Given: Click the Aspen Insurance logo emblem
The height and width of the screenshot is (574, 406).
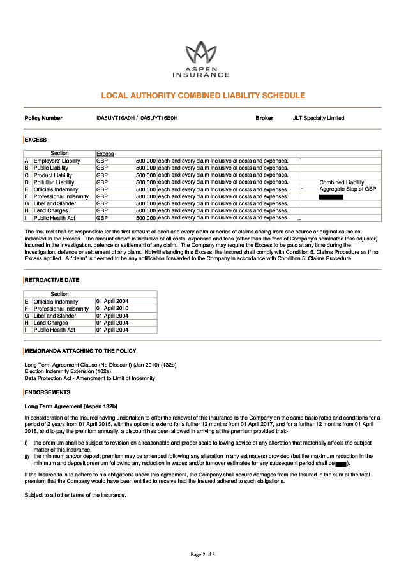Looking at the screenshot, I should pos(202,51).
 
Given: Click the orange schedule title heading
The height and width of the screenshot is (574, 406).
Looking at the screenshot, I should pos(203,96).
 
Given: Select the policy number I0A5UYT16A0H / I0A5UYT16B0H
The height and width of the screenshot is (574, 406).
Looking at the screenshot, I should pos(137,118).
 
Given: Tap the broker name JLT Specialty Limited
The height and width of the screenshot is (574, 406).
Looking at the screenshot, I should pos(318,118).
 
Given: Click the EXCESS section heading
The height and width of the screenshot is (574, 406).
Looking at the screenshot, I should pos(36,140).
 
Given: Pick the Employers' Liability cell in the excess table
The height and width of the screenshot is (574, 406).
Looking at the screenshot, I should pos(57,161).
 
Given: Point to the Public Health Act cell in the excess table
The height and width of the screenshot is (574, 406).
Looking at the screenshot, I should pos(54,218).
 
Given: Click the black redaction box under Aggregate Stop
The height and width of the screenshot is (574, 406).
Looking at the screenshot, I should pos(331,197).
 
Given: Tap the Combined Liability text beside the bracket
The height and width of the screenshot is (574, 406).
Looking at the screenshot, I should pos(342,182).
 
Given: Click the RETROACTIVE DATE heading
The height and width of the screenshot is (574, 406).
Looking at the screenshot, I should pos(52,280).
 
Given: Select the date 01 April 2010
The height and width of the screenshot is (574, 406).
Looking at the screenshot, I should pos(112,309).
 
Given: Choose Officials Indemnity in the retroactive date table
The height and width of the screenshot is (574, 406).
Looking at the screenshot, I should pos(56,302).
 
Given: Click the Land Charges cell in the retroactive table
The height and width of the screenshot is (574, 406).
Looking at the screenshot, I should pos(50,323).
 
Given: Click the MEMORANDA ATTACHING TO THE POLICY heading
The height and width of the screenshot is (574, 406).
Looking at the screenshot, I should pos(80,351).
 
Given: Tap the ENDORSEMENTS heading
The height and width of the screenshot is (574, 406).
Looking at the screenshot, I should pos(47,392).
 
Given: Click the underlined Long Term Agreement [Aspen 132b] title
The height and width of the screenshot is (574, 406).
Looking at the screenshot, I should pos(71,406).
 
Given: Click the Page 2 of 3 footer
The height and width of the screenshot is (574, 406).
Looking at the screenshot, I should pos(202,555).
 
